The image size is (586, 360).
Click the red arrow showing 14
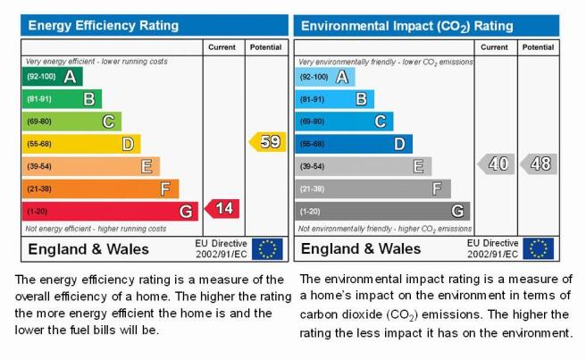pyautogui.click(x=222, y=209)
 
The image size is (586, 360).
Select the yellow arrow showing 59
pyautogui.click(x=268, y=142)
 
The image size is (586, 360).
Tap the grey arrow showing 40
pyautogui.click(x=497, y=163)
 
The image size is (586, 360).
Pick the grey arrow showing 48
pyautogui.click(x=539, y=163)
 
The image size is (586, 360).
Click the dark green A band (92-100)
pyautogui.click(x=53, y=77)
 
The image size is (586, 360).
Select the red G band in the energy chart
pyautogui.click(x=110, y=211)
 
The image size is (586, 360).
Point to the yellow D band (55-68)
pyautogui.click(x=81, y=144)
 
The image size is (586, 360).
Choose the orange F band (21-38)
pyautogui.click(x=100, y=188)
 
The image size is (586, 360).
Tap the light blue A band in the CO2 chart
pyautogui.click(x=325, y=77)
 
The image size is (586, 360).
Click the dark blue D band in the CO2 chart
pyautogui.click(x=354, y=144)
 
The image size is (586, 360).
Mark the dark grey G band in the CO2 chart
pyautogui.click(x=382, y=211)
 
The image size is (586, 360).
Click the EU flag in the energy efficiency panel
pyautogui.click(x=267, y=249)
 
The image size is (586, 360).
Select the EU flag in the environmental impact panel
pyautogui.click(x=538, y=248)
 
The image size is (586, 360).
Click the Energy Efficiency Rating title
pyautogui.click(x=104, y=25)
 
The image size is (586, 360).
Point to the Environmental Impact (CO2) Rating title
pyautogui.click(x=407, y=26)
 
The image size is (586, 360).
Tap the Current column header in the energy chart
pyautogui.click(x=222, y=47)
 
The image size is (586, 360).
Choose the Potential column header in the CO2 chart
pyautogui.click(x=538, y=47)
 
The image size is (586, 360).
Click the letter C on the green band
pyautogui.click(x=108, y=121)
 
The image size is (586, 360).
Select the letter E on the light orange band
pyautogui.click(x=146, y=166)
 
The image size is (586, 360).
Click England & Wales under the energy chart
pyautogui.click(x=88, y=249)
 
